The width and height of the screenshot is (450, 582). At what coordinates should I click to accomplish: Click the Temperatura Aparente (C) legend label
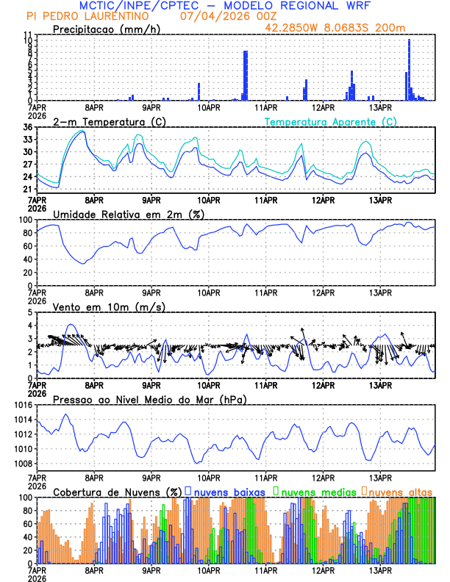[331, 121]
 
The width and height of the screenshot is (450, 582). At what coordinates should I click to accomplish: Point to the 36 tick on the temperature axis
[28, 128]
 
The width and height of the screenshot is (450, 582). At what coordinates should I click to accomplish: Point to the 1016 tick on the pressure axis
[23, 405]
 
